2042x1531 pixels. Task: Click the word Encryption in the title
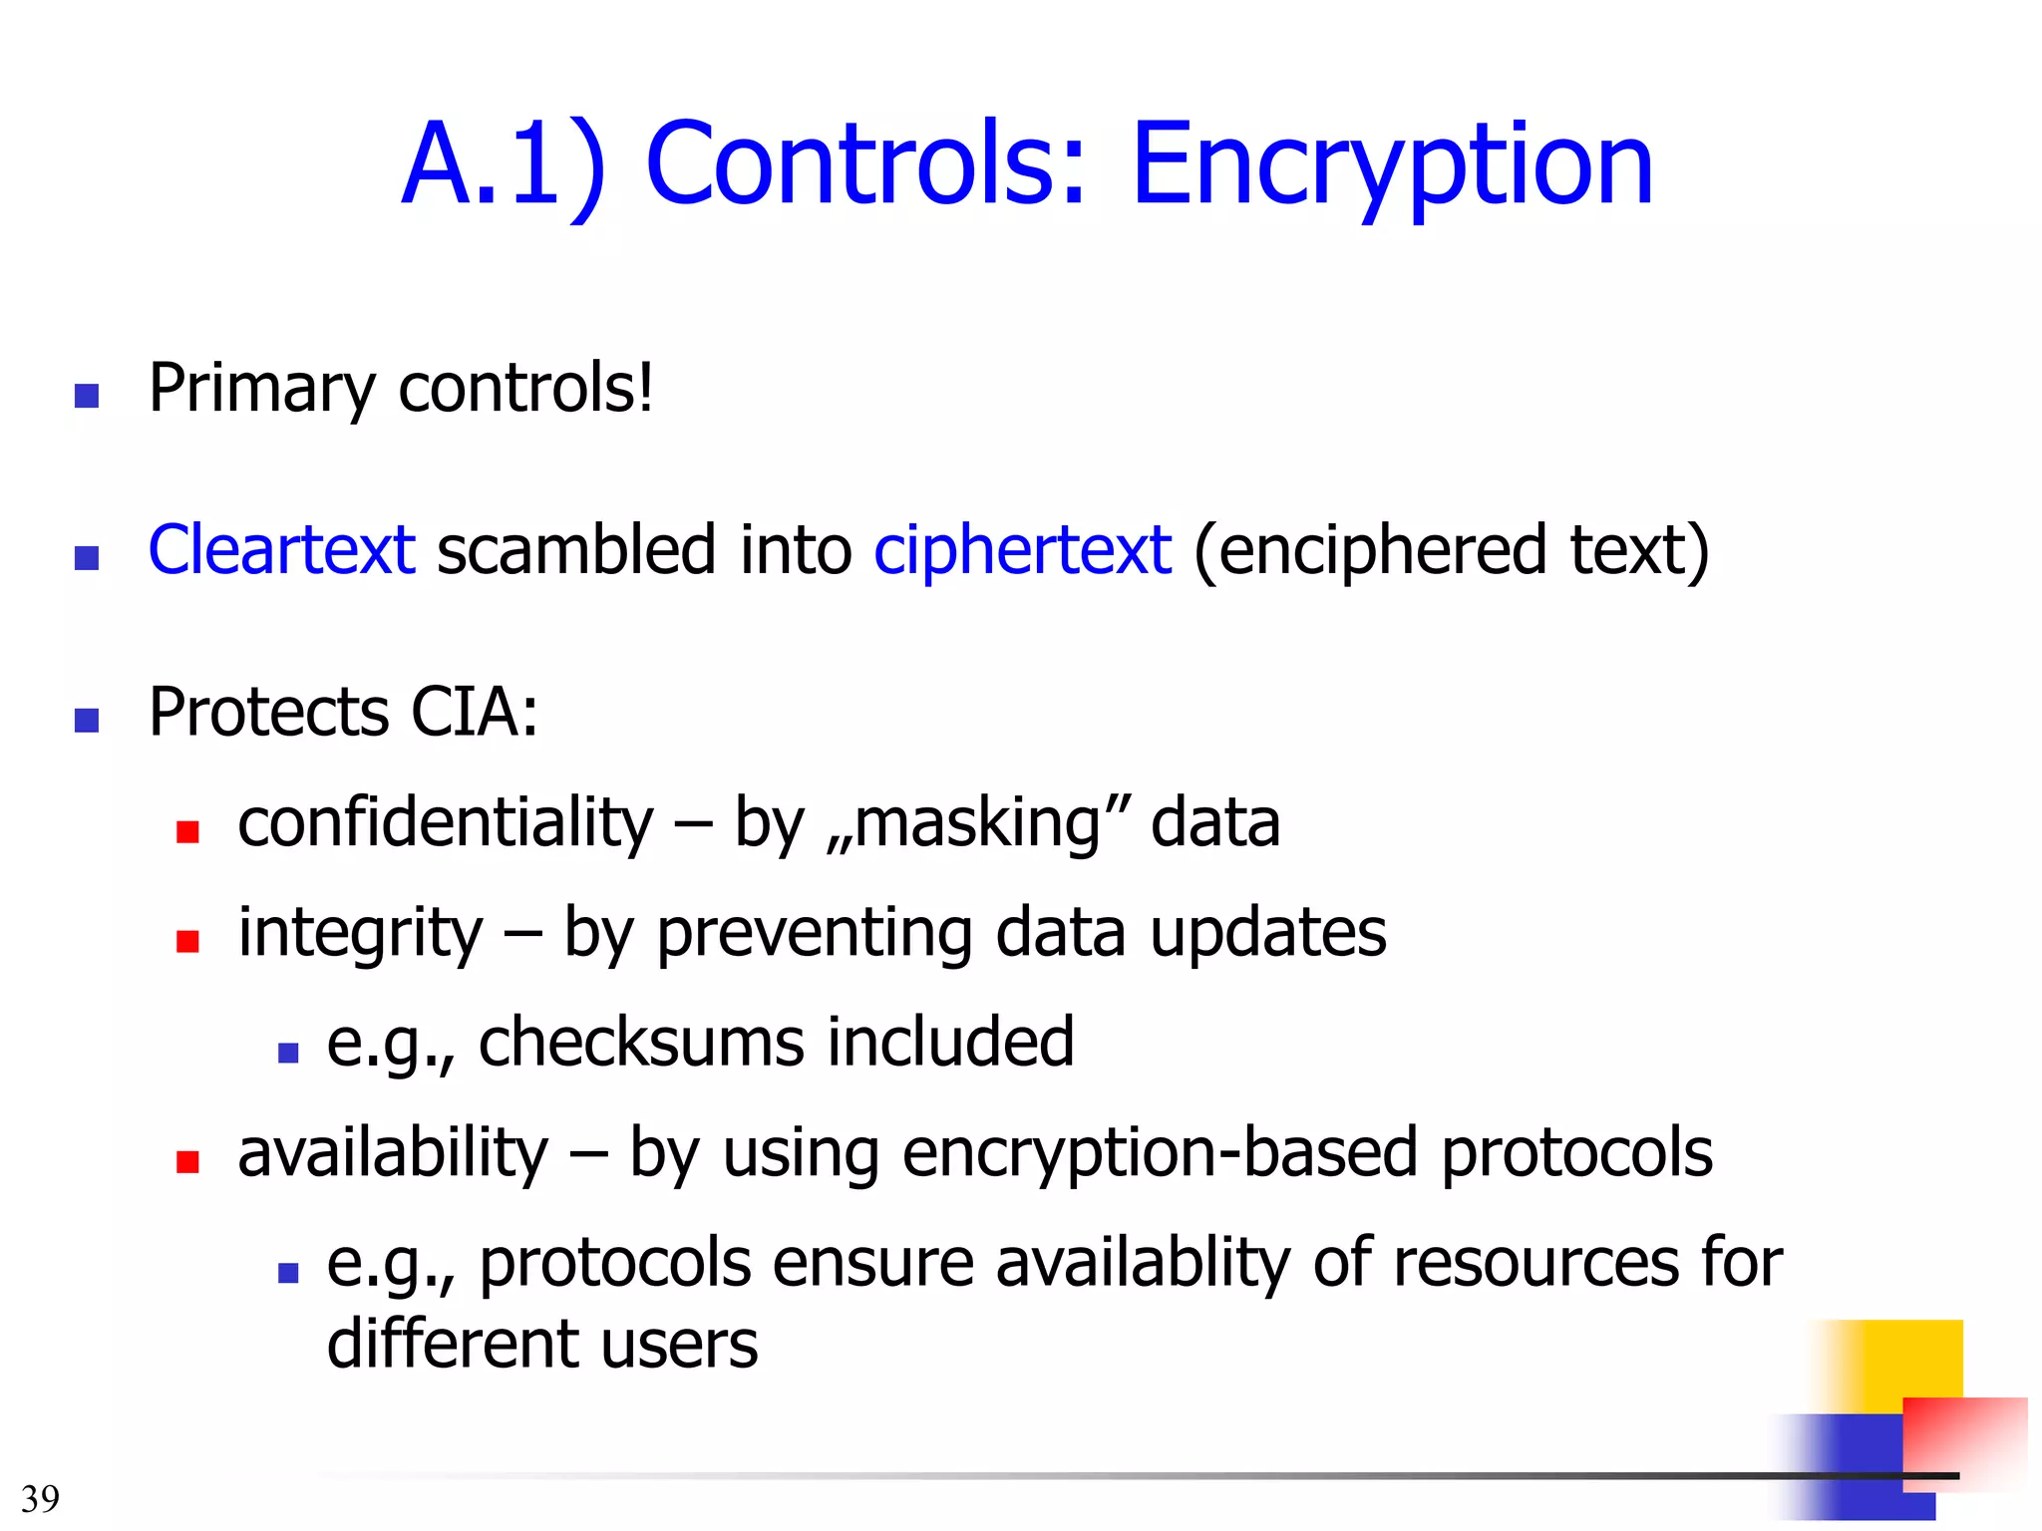1392,164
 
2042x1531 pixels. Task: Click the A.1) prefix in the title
503,164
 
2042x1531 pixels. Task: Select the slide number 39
40,1498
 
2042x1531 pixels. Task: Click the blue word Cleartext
281,550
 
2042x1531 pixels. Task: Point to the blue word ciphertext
1022,550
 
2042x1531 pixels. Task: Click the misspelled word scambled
576,550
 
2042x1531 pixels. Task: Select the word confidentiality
445,823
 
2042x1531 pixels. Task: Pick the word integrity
359,934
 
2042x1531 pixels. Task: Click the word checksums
641,1043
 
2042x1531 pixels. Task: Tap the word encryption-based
1159,1153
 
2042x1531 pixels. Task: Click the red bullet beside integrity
187,941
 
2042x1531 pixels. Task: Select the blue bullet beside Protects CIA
87,720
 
